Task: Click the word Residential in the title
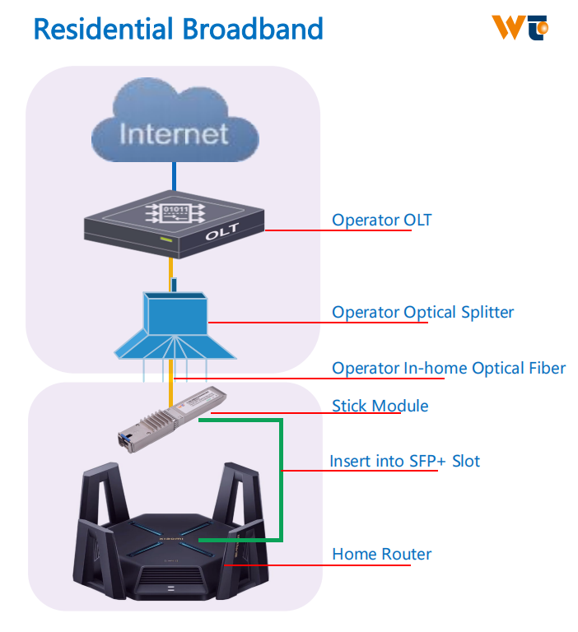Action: click(x=102, y=30)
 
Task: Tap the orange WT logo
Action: click(x=520, y=27)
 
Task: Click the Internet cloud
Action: click(x=173, y=132)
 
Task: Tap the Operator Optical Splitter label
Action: click(x=422, y=313)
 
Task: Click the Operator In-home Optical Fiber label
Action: click(x=449, y=368)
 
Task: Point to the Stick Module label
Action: click(x=380, y=406)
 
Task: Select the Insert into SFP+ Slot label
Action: click(x=404, y=461)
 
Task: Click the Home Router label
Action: click(x=381, y=554)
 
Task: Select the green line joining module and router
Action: click(x=282, y=477)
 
